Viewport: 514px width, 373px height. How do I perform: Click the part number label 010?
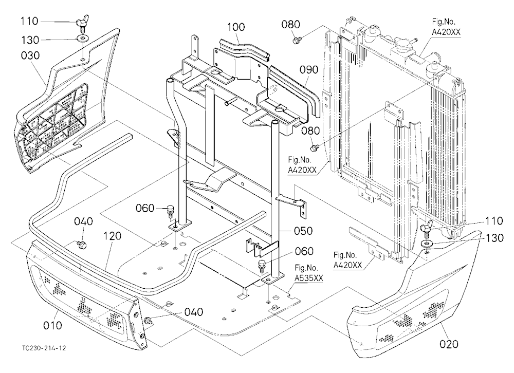pyautogui.click(x=52, y=325)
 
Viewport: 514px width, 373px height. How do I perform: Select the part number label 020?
pyautogui.click(x=449, y=344)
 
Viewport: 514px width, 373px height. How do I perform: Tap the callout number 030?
pyautogui.click(x=30, y=55)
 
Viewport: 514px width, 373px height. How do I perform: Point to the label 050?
pyautogui.click(x=303, y=231)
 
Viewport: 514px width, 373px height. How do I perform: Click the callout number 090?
pyautogui.click(x=309, y=69)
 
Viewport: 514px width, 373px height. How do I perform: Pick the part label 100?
pyautogui.click(x=236, y=27)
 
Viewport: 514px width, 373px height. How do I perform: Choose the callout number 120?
pyautogui.click(x=113, y=236)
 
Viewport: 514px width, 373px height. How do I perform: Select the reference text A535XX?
pyautogui.click(x=308, y=278)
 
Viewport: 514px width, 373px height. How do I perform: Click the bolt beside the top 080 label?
pyautogui.click(x=297, y=40)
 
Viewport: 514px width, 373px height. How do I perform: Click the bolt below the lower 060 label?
pyautogui.click(x=262, y=266)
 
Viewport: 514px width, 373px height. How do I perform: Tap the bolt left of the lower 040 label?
pyautogui.click(x=148, y=321)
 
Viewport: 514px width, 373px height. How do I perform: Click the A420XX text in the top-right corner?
pyautogui.click(x=446, y=32)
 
